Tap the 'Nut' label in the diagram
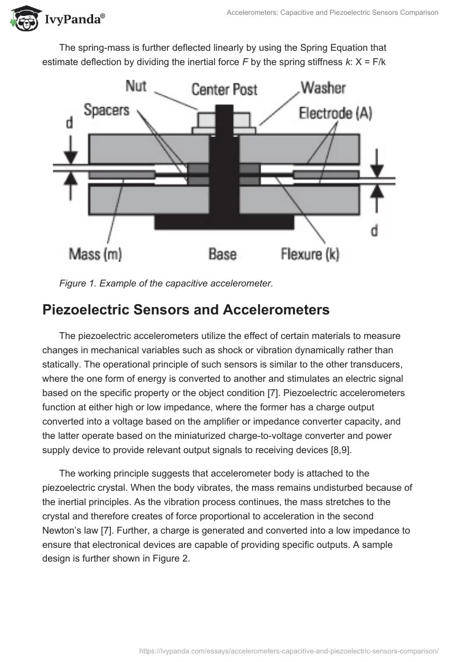[x=136, y=87]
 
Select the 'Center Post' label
[x=224, y=90]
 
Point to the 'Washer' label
[x=323, y=88]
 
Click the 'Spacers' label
[x=106, y=110]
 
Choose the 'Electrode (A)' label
[x=335, y=113]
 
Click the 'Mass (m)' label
[x=95, y=254]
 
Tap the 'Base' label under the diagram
[x=222, y=254]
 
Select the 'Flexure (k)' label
[x=310, y=254]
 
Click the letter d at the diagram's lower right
[x=375, y=230]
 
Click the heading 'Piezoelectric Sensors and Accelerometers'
[x=186, y=310]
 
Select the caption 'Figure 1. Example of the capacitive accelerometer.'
[x=166, y=283]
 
